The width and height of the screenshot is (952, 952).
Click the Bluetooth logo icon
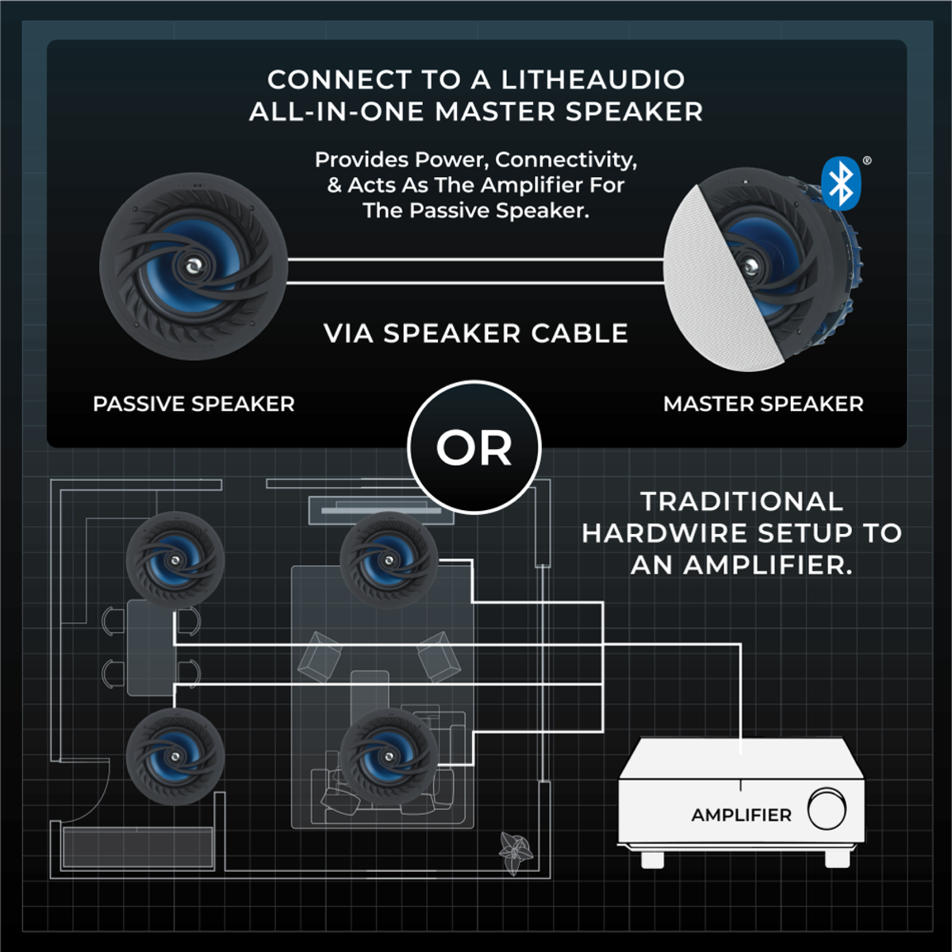(x=841, y=183)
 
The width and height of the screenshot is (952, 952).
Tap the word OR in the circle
(x=474, y=448)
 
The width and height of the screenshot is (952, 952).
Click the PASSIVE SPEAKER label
(x=194, y=404)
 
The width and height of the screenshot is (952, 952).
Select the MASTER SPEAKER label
(x=763, y=404)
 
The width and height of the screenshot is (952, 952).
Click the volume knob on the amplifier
(x=827, y=808)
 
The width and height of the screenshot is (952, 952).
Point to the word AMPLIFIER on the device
(x=741, y=816)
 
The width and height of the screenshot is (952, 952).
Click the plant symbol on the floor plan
(x=516, y=853)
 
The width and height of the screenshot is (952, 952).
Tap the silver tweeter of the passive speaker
(x=192, y=267)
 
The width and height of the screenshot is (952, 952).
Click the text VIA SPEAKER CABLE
(x=476, y=333)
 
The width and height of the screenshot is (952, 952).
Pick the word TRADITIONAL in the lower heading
(x=742, y=501)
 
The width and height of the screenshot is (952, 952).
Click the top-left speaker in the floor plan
(x=175, y=560)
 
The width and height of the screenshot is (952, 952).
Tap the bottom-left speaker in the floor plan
(x=175, y=756)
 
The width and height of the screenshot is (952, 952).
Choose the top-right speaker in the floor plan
(x=389, y=560)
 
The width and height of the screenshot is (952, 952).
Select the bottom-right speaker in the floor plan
(x=389, y=756)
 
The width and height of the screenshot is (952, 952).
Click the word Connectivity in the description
(x=566, y=160)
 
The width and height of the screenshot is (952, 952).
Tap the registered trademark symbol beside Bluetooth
(x=867, y=160)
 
